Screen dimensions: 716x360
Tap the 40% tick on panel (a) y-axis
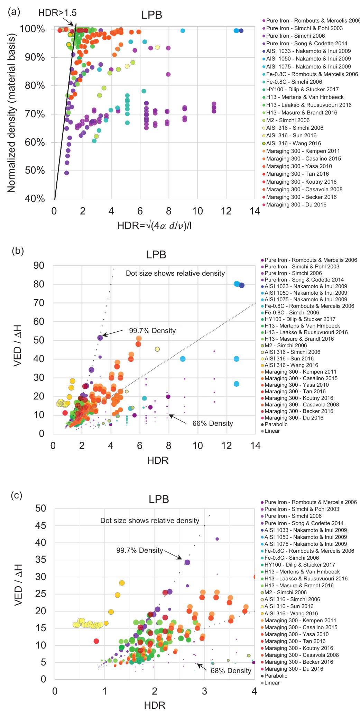point(35,199)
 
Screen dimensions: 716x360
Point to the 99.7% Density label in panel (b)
point(152,331)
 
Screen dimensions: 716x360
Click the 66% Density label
point(212,423)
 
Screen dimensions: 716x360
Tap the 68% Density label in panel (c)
point(231,671)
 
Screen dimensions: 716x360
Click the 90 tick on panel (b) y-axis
point(39,265)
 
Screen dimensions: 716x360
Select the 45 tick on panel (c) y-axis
point(41,525)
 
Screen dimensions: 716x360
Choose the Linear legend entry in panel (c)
point(272,683)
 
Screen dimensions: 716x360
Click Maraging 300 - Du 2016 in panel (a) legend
point(296,205)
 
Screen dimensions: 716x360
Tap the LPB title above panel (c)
point(159,499)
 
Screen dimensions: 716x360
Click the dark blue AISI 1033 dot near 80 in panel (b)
point(242,285)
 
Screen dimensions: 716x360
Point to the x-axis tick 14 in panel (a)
point(255,211)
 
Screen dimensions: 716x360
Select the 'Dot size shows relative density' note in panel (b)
point(175,273)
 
